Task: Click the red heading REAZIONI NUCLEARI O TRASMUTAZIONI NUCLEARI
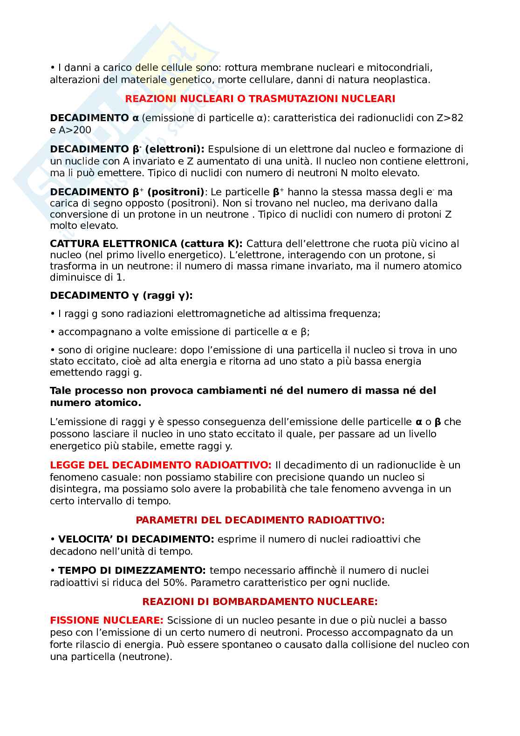(x=260, y=99)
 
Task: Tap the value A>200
(x=74, y=130)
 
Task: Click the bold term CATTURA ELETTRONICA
(x=113, y=244)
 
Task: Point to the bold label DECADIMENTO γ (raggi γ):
(x=121, y=296)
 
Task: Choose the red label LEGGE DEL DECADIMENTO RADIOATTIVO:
(x=160, y=465)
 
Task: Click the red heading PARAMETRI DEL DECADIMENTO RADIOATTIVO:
(x=260, y=520)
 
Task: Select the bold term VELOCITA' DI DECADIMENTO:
(x=136, y=539)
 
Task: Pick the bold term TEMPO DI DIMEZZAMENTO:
(x=132, y=571)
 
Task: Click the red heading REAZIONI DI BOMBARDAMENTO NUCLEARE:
(x=260, y=602)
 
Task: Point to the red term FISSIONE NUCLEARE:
(x=107, y=620)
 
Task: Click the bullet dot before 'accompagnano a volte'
(x=53, y=332)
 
